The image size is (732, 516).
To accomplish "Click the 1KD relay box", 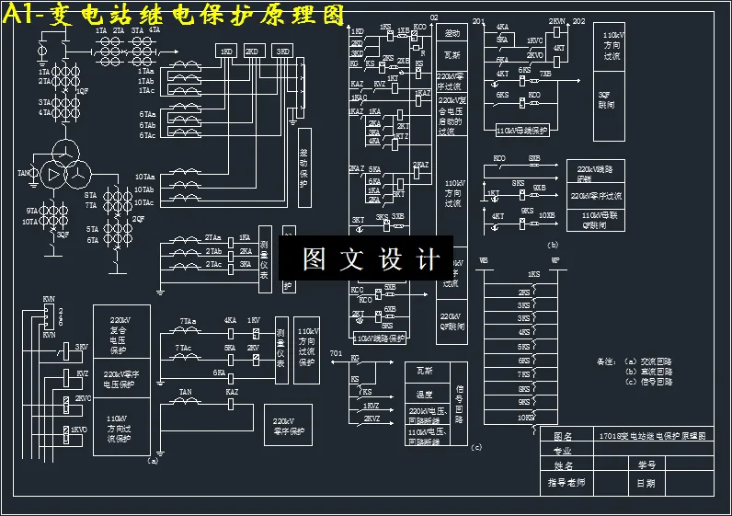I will click(225, 52).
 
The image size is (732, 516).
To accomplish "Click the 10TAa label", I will click(145, 177).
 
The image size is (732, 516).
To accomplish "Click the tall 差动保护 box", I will click(304, 167).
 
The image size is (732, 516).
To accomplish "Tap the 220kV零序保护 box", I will click(289, 427).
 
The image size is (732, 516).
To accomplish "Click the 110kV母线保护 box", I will click(520, 132).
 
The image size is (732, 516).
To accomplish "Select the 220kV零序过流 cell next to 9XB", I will click(598, 195).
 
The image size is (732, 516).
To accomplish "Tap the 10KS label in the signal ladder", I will click(525, 417).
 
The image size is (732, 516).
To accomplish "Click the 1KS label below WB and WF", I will click(533, 274).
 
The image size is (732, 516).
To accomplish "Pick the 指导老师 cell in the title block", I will click(566, 482).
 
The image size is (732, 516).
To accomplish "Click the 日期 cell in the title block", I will click(647, 482).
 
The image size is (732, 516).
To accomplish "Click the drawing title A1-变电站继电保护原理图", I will click(175, 15).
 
